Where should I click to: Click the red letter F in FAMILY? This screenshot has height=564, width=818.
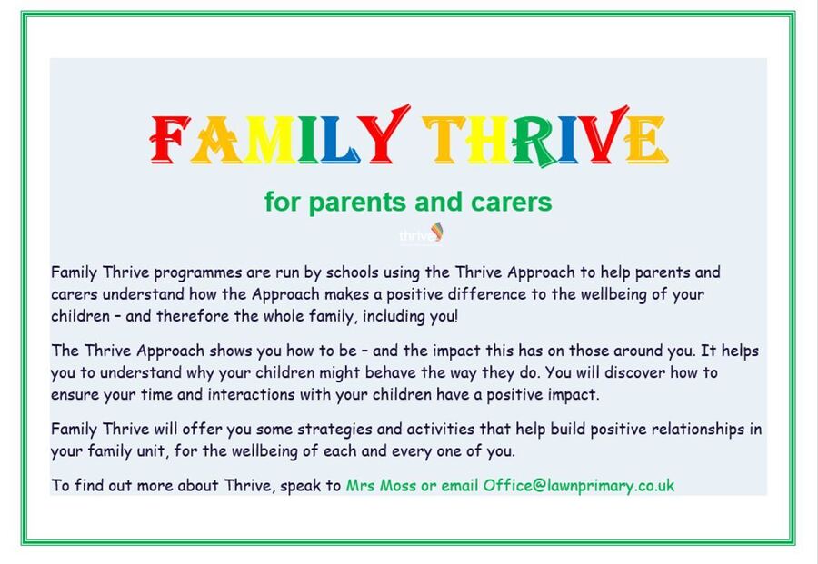(x=170, y=140)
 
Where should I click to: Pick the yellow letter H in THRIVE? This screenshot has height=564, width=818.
(x=488, y=140)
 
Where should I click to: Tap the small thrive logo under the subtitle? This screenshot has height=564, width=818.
(x=422, y=234)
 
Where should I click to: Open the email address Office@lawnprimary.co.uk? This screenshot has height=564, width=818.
(x=579, y=486)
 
